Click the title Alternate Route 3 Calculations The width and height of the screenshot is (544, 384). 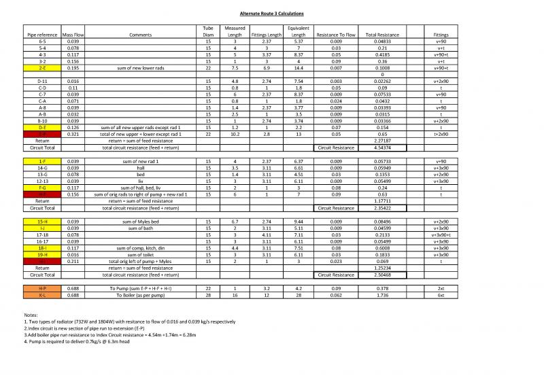[x=271, y=14]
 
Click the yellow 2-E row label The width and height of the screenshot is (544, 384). [x=42, y=68]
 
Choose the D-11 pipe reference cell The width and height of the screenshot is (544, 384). [x=42, y=81]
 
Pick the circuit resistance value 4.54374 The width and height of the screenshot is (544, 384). [x=381, y=147]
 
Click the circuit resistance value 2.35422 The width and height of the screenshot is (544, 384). [x=381, y=208]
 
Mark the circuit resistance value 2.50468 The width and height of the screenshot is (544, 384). [x=381, y=275]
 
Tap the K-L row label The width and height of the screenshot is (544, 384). [x=42, y=295]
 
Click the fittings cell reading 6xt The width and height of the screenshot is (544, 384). [x=441, y=295]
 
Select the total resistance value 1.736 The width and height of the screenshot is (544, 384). [x=381, y=295]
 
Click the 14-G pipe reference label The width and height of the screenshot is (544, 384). [x=42, y=168]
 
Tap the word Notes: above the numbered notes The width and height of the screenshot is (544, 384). [x=31, y=315]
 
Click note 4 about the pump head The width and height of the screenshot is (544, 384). [x=76, y=342]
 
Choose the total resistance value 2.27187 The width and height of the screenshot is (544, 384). [x=381, y=141]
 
